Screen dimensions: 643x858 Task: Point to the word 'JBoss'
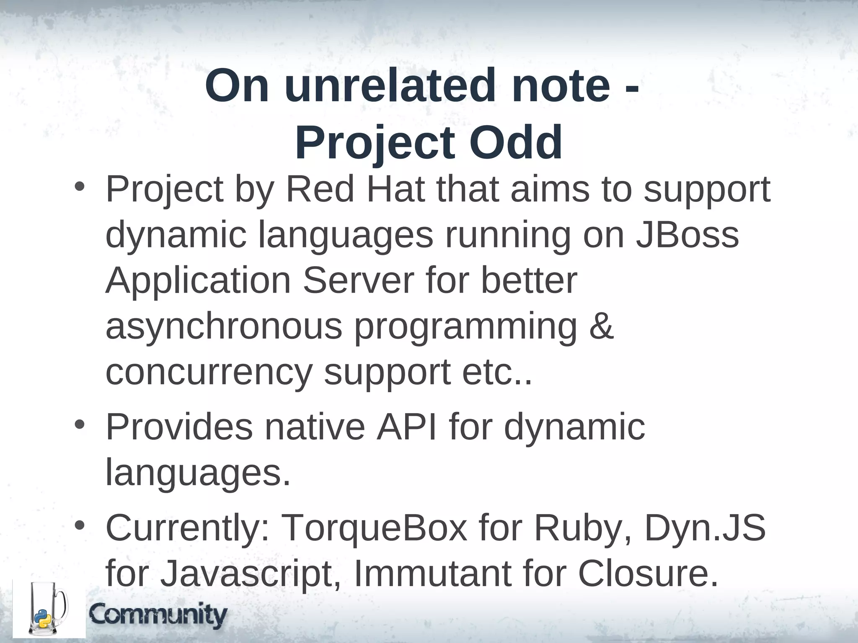tap(687, 234)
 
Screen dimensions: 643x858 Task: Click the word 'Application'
tap(198, 281)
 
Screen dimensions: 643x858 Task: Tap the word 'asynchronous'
tap(224, 327)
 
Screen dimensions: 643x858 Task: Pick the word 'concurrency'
tap(209, 372)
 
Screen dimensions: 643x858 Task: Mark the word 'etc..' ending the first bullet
tap(497, 372)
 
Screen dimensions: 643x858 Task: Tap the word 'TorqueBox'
tap(374, 528)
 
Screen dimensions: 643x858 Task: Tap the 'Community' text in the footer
tap(158, 615)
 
